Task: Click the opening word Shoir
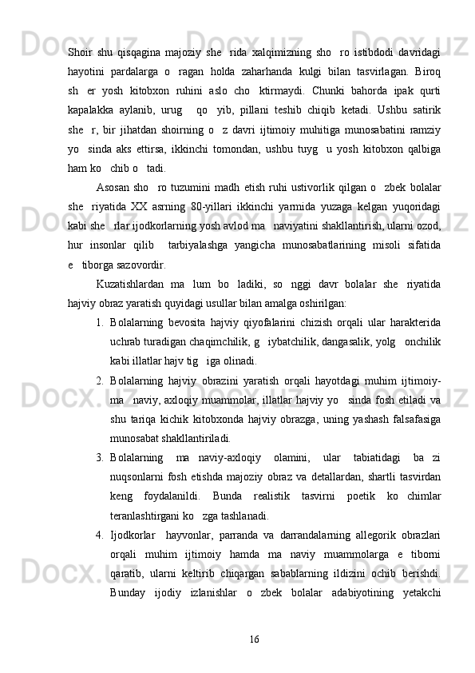point(81,53)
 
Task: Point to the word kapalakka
point(89,129)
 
